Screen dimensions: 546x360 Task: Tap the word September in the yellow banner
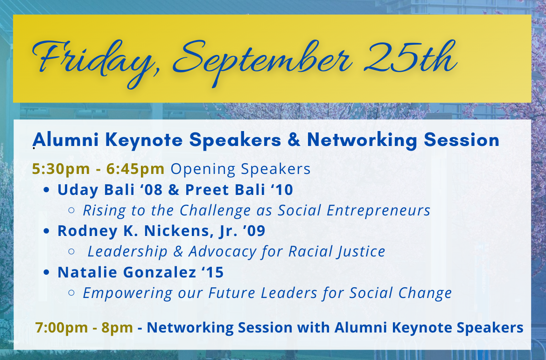click(262, 62)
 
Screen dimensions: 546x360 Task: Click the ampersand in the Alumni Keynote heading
click(294, 140)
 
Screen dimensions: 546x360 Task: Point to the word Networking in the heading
click(362, 140)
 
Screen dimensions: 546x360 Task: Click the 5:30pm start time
click(61, 169)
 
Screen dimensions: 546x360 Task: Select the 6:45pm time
click(135, 169)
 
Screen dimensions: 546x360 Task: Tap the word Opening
click(203, 169)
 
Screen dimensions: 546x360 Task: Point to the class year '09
click(254, 231)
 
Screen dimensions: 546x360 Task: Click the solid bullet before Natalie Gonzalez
click(47, 272)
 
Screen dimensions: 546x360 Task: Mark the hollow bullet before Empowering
click(71, 293)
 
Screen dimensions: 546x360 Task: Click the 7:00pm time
click(62, 328)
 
